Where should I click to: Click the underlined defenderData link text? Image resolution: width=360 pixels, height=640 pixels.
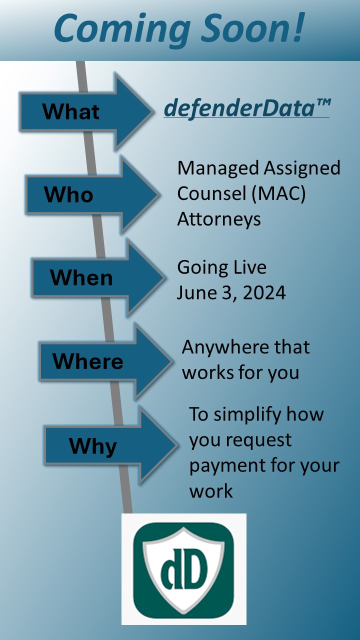[x=240, y=108]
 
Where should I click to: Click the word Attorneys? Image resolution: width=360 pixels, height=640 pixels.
[x=219, y=219]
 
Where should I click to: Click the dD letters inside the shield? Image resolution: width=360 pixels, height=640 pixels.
[x=184, y=569]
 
